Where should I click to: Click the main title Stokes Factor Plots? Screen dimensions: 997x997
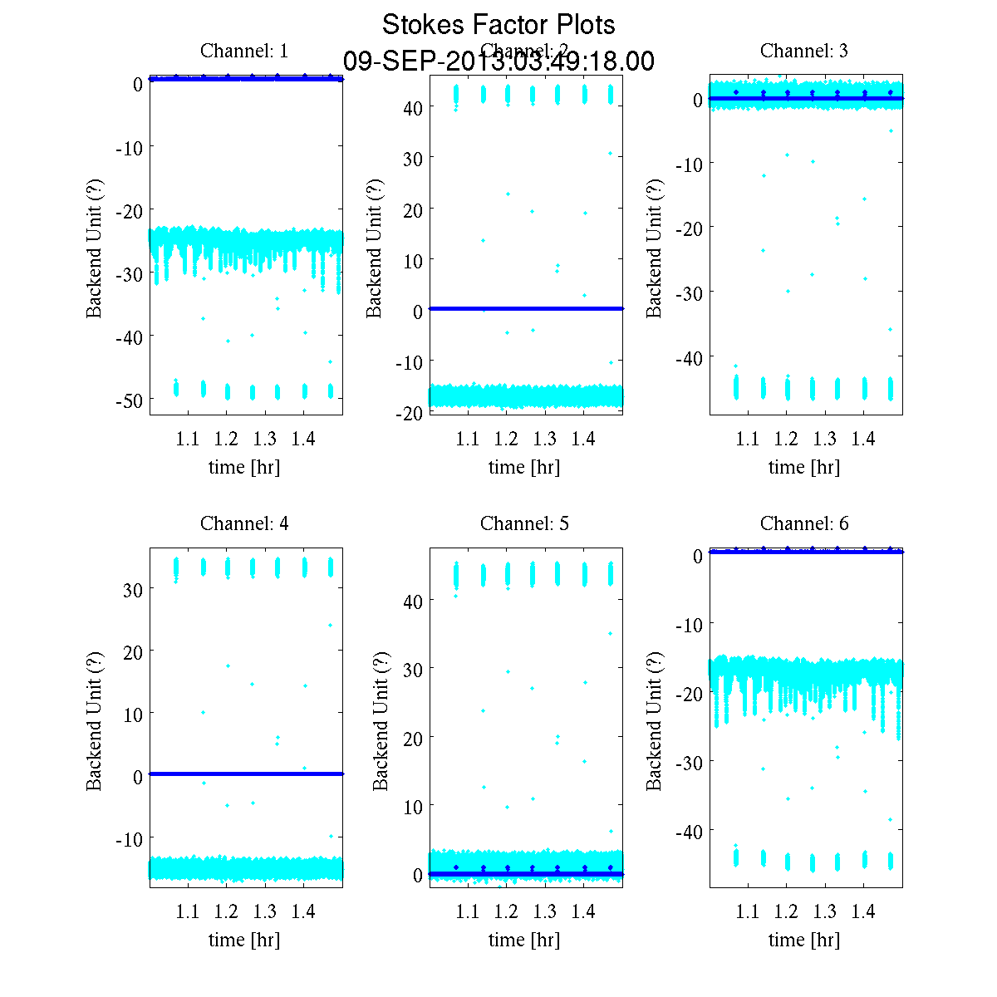(x=498, y=25)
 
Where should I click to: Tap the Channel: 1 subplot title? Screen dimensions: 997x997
(x=244, y=51)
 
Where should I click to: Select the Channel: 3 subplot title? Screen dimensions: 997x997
(x=804, y=51)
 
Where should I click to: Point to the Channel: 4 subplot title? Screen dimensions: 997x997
(x=244, y=523)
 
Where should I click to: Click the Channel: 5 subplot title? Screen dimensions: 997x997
(x=524, y=523)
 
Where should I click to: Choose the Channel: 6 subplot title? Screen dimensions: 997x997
(x=804, y=523)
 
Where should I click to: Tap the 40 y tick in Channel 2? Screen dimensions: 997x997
(x=413, y=108)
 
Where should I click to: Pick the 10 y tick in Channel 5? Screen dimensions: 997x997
(x=413, y=807)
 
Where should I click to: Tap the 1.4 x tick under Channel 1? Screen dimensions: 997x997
(x=303, y=439)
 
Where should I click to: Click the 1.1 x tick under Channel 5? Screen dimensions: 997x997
(x=468, y=911)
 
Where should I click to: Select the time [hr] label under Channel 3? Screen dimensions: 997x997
(x=804, y=467)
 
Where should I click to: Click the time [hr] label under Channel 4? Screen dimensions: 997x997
(x=244, y=940)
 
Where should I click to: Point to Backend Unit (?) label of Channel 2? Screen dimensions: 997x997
(x=375, y=248)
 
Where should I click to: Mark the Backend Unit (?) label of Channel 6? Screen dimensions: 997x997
(x=655, y=720)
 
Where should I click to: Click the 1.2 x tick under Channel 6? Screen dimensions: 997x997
(x=786, y=911)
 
